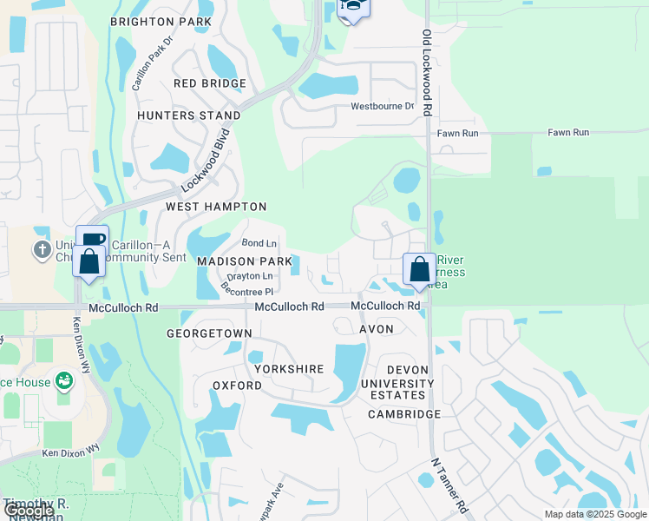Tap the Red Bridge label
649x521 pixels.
coord(210,83)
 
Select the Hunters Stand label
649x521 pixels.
coord(189,115)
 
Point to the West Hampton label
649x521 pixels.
coord(216,207)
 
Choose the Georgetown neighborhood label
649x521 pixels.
coord(210,333)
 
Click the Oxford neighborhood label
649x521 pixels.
coord(237,385)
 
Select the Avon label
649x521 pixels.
coord(376,329)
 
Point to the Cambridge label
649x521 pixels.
coord(404,414)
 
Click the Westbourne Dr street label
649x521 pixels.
coord(383,107)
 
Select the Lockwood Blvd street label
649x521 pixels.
coord(205,161)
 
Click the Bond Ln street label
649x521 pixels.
coord(259,243)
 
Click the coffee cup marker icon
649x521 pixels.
coord(92,240)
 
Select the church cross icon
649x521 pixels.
coord(41,251)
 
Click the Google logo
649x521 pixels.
coord(29,511)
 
